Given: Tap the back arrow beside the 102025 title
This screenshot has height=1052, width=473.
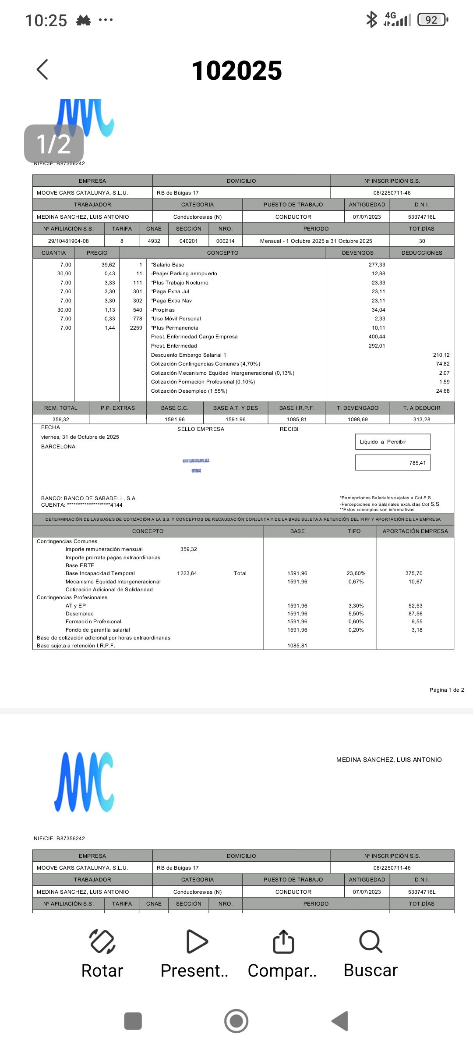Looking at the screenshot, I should coord(42,70).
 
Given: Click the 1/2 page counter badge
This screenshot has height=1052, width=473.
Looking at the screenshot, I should coord(53,144).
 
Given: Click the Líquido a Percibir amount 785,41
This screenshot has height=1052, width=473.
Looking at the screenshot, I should coord(417,463).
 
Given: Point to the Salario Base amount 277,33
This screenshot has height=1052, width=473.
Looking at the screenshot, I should coord(377,265).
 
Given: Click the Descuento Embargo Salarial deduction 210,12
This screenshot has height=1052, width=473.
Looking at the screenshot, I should coord(441,355).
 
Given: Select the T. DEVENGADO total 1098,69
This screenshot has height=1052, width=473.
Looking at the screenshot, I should coord(358,419).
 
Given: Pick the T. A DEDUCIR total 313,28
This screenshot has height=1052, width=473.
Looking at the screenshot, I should coord(421,419).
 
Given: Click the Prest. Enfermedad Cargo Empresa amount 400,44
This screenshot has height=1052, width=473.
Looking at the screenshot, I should coord(377,337).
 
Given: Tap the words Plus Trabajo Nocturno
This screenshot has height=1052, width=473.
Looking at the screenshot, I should coord(180,283).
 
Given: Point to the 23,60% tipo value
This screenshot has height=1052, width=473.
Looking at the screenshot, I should coord(356,573).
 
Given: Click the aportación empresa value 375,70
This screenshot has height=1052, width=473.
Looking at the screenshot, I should coord(414,573).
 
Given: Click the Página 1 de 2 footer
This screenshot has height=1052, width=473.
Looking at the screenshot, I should coord(446,690).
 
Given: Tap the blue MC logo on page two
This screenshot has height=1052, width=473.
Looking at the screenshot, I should coord(84,782).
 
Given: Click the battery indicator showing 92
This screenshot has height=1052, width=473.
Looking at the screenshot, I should coord(432,20).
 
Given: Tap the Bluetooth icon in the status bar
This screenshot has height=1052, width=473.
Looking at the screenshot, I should coord(371,20).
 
